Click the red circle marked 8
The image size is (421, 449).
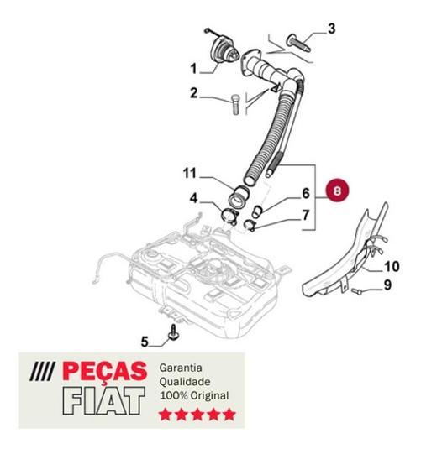(x=337, y=191)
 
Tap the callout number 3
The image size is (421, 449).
(x=331, y=29)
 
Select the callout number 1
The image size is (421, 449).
(x=194, y=69)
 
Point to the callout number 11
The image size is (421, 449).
(x=189, y=173)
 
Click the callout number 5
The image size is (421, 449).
(x=145, y=342)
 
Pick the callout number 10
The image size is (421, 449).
(x=392, y=267)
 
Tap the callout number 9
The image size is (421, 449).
(x=387, y=285)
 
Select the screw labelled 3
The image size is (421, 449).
(x=298, y=43)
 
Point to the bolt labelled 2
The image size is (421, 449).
(x=235, y=105)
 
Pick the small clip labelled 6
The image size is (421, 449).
(x=256, y=211)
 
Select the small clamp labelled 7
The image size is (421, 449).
(x=250, y=225)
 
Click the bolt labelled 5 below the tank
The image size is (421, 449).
(x=173, y=332)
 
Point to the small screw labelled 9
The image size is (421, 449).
(x=355, y=291)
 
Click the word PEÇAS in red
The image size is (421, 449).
(x=104, y=372)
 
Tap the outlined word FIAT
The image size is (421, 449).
(x=104, y=401)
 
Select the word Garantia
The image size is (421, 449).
(x=181, y=368)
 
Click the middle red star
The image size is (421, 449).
(x=197, y=415)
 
